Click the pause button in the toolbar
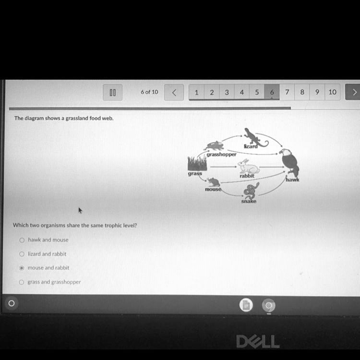coord(112,92)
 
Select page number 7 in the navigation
coord(287,92)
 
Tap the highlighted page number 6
coord(272,92)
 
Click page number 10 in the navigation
coord(332,92)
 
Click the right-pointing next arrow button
coord(353,92)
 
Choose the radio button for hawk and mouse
coord(22,240)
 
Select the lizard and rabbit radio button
coord(22,254)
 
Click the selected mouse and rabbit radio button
coord(22,268)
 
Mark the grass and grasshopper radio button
coord(21,282)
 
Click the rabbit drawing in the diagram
coord(248,167)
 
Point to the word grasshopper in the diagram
coord(221,154)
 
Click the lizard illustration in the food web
coord(256,137)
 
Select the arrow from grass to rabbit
coord(223,167)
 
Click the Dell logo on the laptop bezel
coord(258,341)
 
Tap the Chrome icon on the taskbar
coord(269,305)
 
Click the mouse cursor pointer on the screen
coord(80,210)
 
